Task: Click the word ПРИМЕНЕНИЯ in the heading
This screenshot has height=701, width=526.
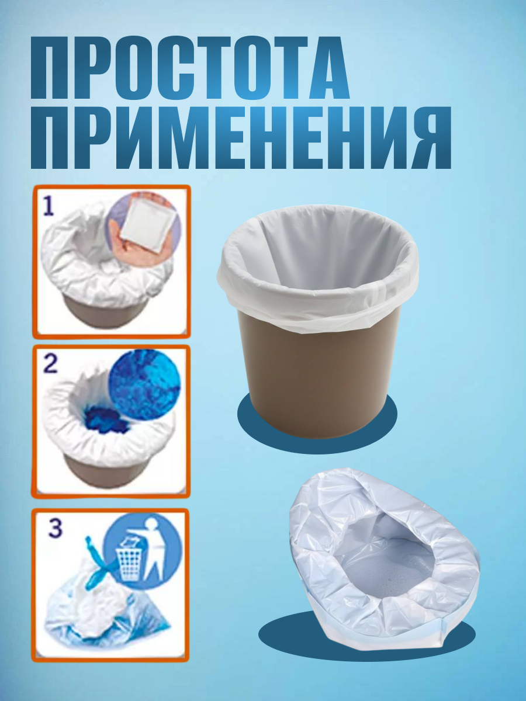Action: click(x=241, y=137)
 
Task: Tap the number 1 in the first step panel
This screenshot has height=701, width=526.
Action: click(x=49, y=206)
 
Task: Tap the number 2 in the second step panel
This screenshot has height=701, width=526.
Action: click(x=50, y=364)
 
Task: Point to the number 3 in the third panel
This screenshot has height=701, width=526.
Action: click(x=56, y=528)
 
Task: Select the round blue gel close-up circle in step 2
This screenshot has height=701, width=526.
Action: click(x=145, y=385)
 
